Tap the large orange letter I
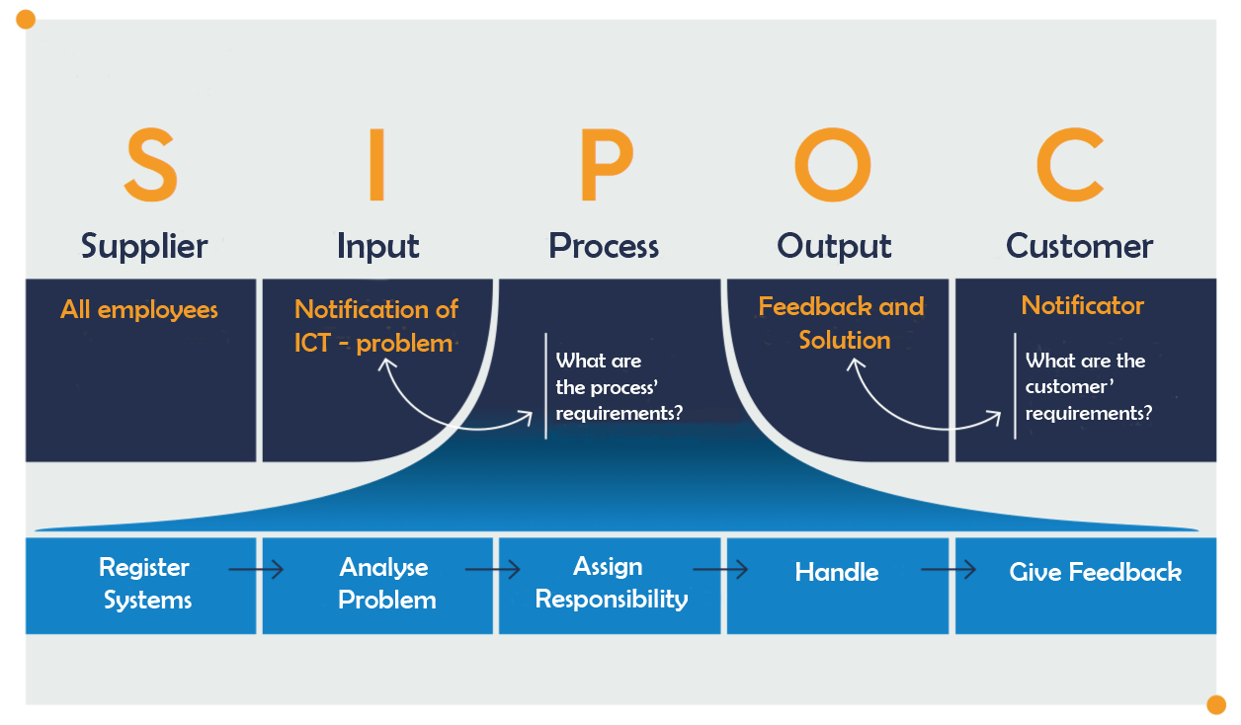(375, 165)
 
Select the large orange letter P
(604, 165)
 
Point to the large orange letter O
(833, 165)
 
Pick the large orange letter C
(1069, 165)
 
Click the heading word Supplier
(144, 246)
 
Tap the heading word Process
(604, 246)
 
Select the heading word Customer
(1079, 246)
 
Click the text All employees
(139, 310)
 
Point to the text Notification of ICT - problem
(375, 326)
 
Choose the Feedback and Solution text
(842, 323)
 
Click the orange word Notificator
(1082, 306)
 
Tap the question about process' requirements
(619, 387)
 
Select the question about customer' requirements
(1087, 387)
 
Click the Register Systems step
(145, 584)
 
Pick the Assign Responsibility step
(611, 583)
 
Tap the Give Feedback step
(1095, 572)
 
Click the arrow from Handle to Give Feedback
(949, 570)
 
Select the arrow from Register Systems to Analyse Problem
(256, 570)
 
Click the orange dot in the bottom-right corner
(1216, 704)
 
